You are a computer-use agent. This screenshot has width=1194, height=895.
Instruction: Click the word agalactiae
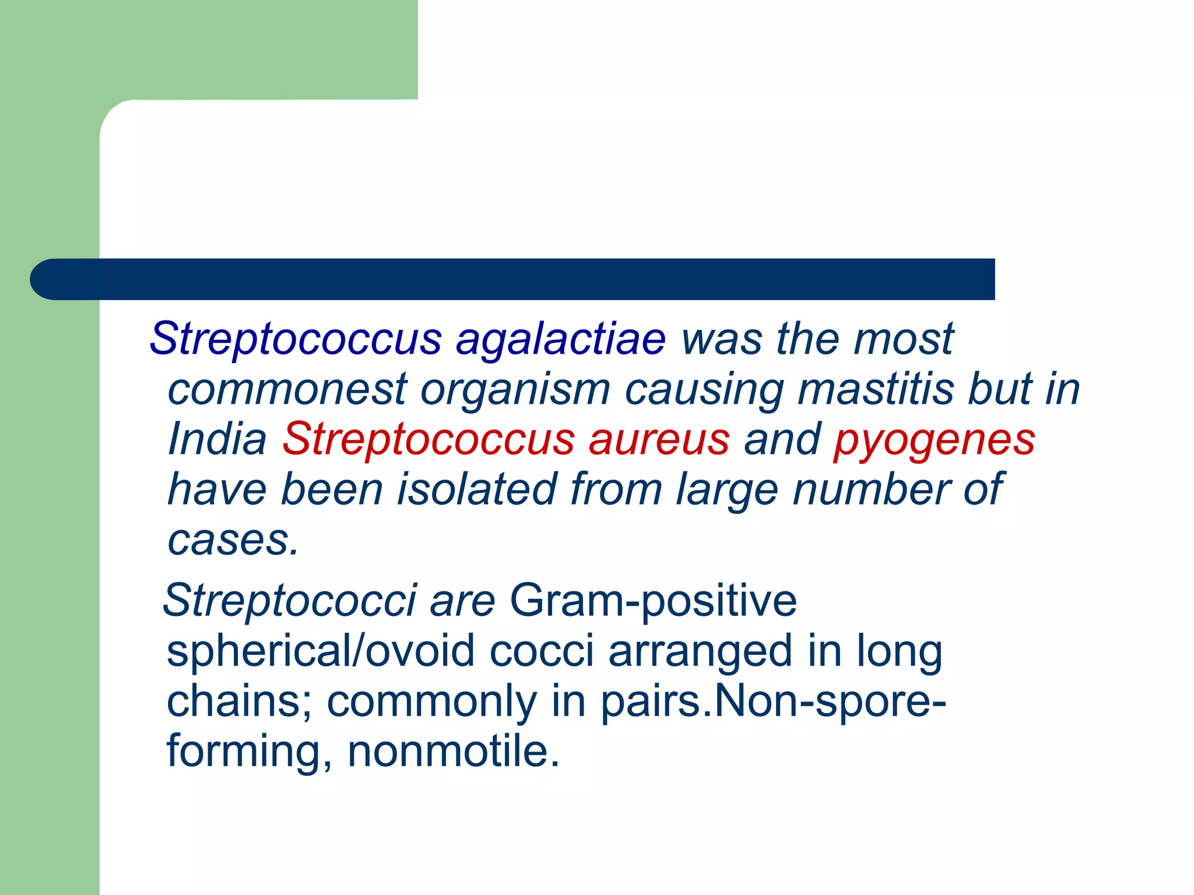coord(560,339)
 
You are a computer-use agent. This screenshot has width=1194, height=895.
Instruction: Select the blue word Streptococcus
coord(296,339)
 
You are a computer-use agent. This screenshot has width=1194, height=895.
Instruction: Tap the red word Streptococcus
coord(429,439)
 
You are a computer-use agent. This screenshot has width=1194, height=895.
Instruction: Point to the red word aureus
coord(659,439)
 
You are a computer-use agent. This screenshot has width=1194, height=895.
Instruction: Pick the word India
coord(217,439)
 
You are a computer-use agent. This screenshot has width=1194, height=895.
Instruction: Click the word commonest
coord(287,389)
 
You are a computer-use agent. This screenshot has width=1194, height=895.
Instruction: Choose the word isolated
coord(476,489)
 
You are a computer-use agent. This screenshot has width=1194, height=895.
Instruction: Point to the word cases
coord(233,541)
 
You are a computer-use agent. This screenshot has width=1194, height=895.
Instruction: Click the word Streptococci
coord(290,600)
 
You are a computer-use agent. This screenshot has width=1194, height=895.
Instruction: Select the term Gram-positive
coord(653,601)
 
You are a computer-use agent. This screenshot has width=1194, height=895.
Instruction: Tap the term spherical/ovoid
coord(321,651)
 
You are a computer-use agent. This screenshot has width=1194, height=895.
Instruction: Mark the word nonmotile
coord(453,752)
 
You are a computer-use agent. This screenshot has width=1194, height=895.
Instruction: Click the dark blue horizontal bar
coord(513,279)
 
